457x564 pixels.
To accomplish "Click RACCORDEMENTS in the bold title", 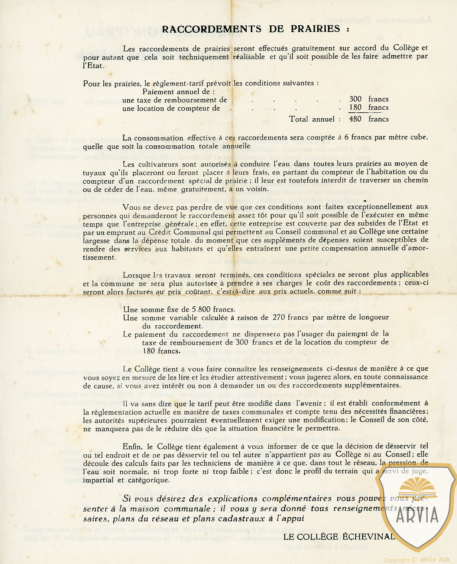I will (212, 29).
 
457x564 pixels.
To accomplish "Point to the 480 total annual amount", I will (355, 119).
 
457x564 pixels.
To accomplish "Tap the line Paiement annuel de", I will (178, 92).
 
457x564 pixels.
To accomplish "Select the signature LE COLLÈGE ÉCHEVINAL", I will (339, 536).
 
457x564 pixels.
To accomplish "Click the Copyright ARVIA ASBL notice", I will (417, 560).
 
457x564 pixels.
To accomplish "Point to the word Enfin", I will (132, 446).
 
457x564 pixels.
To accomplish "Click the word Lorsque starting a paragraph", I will (136, 275).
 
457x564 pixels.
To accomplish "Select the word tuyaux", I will (94, 173).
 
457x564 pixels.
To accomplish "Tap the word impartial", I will (98, 480).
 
